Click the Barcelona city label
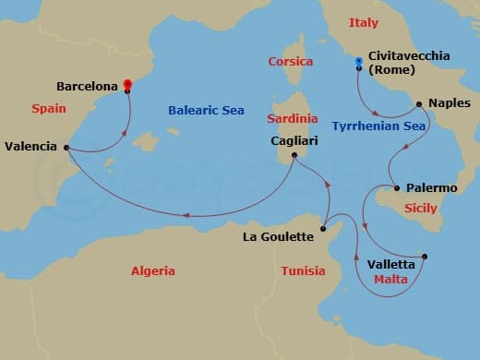(x=87, y=86)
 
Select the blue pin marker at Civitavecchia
(x=359, y=63)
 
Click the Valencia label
(x=30, y=146)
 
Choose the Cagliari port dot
(x=294, y=155)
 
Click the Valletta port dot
(x=425, y=257)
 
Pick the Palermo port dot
(x=398, y=188)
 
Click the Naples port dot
(x=419, y=103)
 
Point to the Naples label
(x=450, y=103)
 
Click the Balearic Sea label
(x=205, y=110)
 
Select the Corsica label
(x=290, y=62)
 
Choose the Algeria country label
(x=152, y=270)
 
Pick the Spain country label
(x=47, y=108)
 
